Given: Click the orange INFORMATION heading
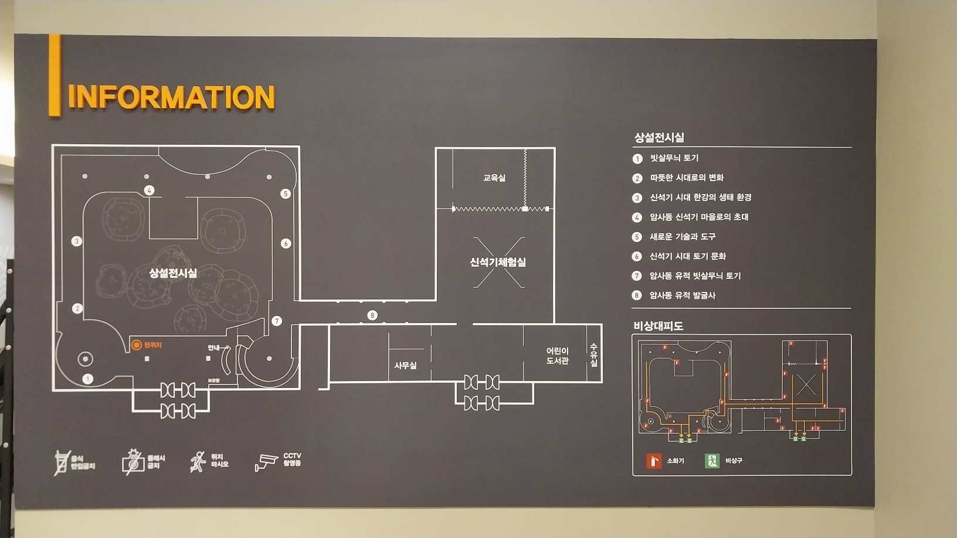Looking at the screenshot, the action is [x=171, y=97].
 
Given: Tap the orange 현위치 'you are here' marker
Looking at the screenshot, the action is [x=136, y=345].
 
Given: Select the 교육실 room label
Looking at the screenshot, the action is [x=494, y=178].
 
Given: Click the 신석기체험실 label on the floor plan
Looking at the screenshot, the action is [x=498, y=262].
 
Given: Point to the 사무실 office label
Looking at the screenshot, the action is [x=405, y=365].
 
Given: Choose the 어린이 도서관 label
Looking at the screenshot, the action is [x=557, y=356].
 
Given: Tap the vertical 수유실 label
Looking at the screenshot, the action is [x=593, y=355].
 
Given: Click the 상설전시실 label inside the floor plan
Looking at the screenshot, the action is [x=173, y=273].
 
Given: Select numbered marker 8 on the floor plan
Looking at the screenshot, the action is [x=372, y=315].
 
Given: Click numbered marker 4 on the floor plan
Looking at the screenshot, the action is [x=149, y=190].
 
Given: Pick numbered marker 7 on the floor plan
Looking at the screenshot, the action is [x=277, y=321].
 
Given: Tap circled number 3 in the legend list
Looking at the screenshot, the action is [x=637, y=198].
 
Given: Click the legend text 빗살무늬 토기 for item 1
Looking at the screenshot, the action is [x=674, y=158].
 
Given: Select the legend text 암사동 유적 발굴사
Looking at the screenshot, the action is [x=683, y=295].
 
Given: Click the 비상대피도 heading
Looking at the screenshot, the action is [x=658, y=326].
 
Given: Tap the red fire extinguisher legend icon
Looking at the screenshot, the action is [x=653, y=461].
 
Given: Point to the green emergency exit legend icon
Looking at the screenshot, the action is [x=712, y=461].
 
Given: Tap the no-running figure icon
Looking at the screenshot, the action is [x=198, y=462].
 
